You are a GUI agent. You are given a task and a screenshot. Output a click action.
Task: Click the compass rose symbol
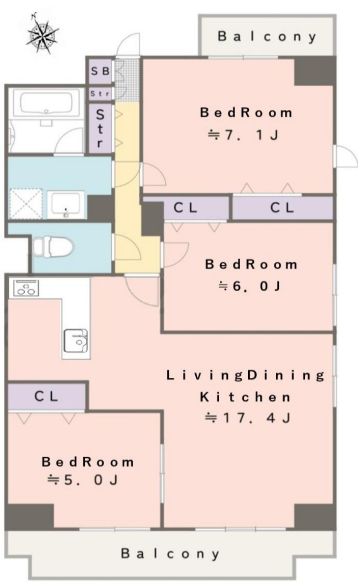[42, 34]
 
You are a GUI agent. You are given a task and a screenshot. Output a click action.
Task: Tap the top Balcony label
[267, 37]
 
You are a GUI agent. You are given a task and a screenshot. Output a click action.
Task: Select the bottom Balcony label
[170, 554]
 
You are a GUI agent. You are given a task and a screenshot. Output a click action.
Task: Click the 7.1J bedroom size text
[243, 135]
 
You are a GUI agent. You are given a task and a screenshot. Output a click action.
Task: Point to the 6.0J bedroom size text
[249, 286]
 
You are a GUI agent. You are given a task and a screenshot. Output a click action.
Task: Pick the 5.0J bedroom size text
[83, 480]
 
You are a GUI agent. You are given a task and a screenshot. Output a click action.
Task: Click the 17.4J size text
[248, 418]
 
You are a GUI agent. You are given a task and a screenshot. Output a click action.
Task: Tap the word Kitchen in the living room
[245, 397]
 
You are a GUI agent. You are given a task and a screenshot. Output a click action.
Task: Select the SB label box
[100, 71]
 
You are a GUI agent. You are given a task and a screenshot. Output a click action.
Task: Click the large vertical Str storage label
[100, 128]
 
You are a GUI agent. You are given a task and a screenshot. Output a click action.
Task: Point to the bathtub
[46, 104]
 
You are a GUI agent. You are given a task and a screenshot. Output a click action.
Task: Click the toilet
[52, 247]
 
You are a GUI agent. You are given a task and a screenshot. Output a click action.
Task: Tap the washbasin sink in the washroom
[66, 204]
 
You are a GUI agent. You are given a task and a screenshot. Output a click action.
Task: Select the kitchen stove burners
[26, 288]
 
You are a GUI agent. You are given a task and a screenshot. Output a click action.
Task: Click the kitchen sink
[76, 341]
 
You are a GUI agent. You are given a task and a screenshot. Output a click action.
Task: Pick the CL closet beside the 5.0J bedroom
[46, 396]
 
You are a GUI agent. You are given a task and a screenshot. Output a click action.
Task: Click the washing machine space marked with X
[26, 203]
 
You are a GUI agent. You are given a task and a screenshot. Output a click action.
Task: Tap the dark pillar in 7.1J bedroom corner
[314, 72]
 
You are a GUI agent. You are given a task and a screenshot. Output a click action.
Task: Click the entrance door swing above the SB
[128, 44]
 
